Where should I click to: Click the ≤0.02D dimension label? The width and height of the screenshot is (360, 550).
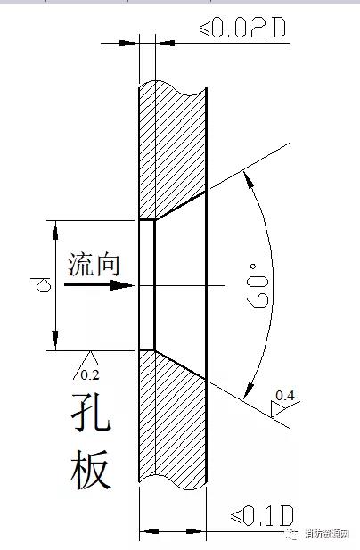(242, 28)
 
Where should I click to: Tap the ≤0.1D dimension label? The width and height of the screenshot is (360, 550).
(261, 516)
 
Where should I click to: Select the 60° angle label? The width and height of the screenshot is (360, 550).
(258, 286)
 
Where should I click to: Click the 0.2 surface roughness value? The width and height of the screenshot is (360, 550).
(90, 375)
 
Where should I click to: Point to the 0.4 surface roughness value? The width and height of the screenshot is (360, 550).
(284, 395)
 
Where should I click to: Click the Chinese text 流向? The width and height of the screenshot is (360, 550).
(94, 264)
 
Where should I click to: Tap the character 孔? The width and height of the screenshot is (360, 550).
(91, 414)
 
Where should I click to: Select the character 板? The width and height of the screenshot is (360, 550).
(91, 470)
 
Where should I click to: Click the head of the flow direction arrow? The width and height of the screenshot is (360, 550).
(122, 285)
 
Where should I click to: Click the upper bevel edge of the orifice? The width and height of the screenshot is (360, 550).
(180, 206)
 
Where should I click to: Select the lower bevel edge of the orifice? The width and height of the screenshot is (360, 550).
(180, 364)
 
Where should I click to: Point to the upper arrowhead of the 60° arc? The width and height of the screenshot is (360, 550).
(249, 180)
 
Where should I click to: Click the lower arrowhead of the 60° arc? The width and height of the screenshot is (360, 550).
(249, 390)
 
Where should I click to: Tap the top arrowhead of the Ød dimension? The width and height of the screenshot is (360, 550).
(55, 231)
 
